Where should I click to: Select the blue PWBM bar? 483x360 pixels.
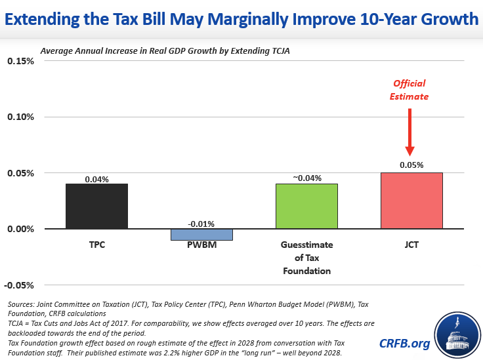(x=192, y=234)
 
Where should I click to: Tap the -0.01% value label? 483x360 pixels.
(x=192, y=224)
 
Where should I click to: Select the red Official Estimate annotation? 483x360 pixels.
(x=409, y=90)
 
